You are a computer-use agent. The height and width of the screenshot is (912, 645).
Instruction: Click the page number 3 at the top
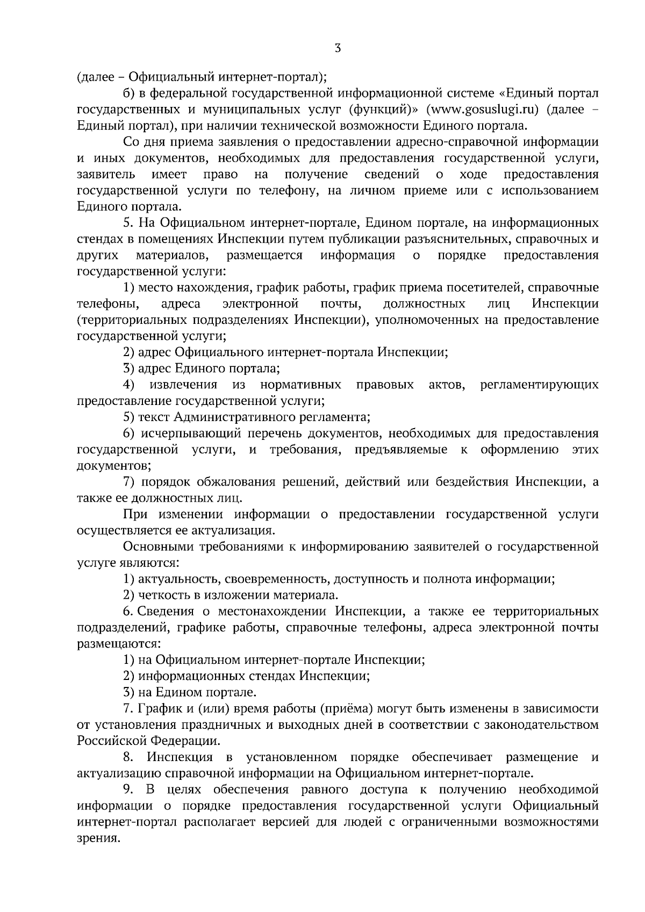338,48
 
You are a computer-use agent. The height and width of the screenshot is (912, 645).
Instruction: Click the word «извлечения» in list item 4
183,385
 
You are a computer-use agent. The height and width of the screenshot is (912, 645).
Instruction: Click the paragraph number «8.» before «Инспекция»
128,757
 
